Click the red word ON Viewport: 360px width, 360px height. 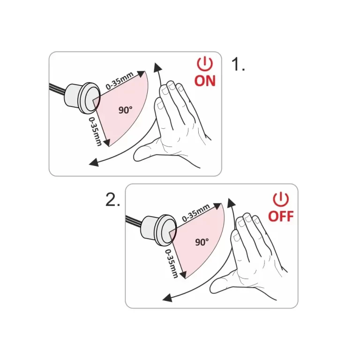click(205, 81)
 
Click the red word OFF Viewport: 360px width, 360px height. click(281, 216)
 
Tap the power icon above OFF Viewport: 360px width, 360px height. click(281, 199)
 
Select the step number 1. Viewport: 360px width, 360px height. click(238, 64)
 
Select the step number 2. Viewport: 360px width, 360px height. click(112, 199)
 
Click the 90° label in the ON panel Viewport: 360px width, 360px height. click(125, 110)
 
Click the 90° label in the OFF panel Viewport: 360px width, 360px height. click(202, 242)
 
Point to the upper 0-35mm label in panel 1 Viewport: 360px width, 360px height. click(120, 81)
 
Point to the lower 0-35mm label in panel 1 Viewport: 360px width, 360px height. click(96, 132)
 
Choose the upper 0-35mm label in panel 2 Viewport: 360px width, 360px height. click(196, 213)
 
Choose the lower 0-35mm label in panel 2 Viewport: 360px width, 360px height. click(172, 263)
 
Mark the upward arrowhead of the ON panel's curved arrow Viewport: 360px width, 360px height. click(157, 67)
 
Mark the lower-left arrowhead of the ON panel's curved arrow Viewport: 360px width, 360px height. click(94, 163)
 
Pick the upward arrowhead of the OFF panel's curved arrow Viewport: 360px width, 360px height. click(232, 202)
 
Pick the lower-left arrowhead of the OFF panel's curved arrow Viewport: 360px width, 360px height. click(167, 298)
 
